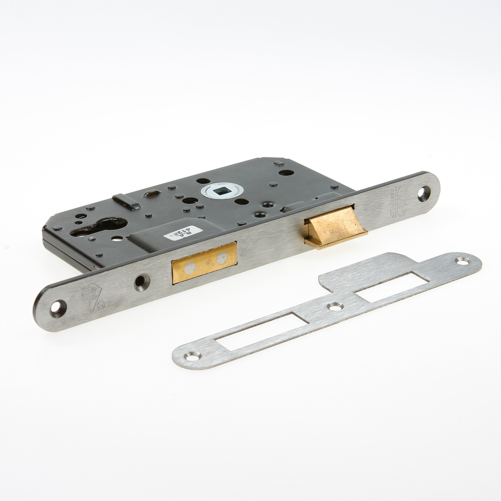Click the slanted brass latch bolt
tap(334, 227)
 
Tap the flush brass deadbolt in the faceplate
tap(204, 263)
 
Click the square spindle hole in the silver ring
tap(222, 190)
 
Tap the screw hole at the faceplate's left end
tap(58, 308)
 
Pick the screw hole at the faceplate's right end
tap(424, 192)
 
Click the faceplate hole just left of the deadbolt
tap(142, 282)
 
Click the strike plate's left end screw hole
tap(192, 356)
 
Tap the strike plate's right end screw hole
tap(462, 261)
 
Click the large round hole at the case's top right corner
tap(286, 172)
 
